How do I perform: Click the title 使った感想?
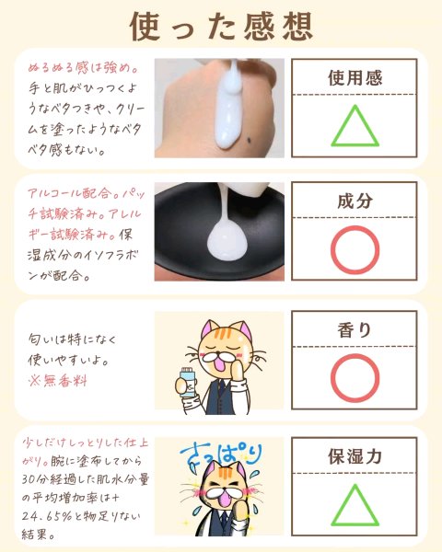tap(221, 27)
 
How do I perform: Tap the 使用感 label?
tap(355, 78)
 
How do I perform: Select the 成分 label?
tap(355, 201)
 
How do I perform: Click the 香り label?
tap(355, 330)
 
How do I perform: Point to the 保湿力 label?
tap(355, 456)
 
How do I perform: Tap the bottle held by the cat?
tap(188, 383)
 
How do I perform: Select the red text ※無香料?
tap(57, 381)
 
